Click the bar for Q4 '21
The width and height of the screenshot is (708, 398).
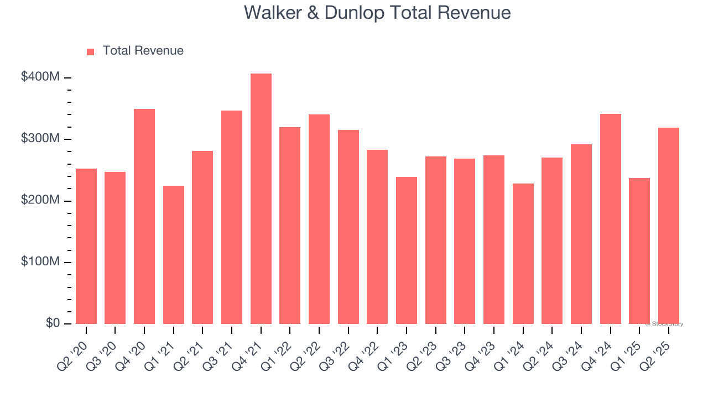[x=261, y=198]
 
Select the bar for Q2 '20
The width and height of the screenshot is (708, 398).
[x=86, y=246]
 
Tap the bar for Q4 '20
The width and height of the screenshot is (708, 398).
[x=144, y=216]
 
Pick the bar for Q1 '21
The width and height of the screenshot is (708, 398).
[x=174, y=254]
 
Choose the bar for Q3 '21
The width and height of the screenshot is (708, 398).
[x=232, y=217]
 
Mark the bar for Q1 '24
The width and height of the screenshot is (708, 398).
[x=523, y=253]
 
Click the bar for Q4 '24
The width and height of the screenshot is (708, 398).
[x=610, y=218]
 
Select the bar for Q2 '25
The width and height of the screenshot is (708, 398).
[x=668, y=226]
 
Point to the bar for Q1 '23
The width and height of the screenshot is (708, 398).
[x=407, y=250]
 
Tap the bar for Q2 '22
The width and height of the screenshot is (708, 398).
[x=319, y=219]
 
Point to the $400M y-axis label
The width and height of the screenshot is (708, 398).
[x=40, y=77]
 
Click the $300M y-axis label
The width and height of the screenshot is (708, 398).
[x=40, y=138]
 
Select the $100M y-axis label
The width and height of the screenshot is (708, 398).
[x=40, y=261]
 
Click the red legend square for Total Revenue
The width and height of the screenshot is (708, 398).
[x=91, y=51]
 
